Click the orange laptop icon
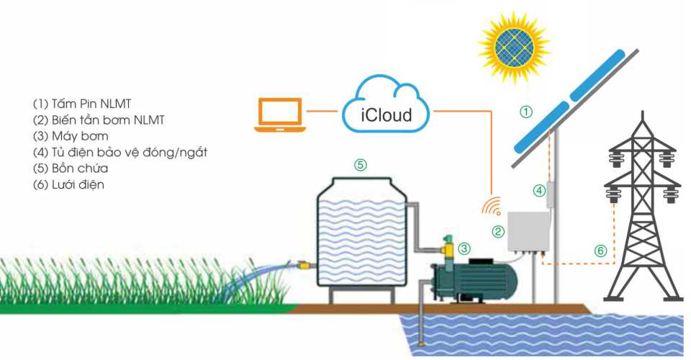click(280, 116)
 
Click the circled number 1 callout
click(526, 112)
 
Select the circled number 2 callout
click(497, 231)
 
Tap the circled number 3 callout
click(464, 248)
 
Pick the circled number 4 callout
click(539, 191)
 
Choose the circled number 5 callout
click(361, 164)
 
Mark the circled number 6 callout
click(600, 251)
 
